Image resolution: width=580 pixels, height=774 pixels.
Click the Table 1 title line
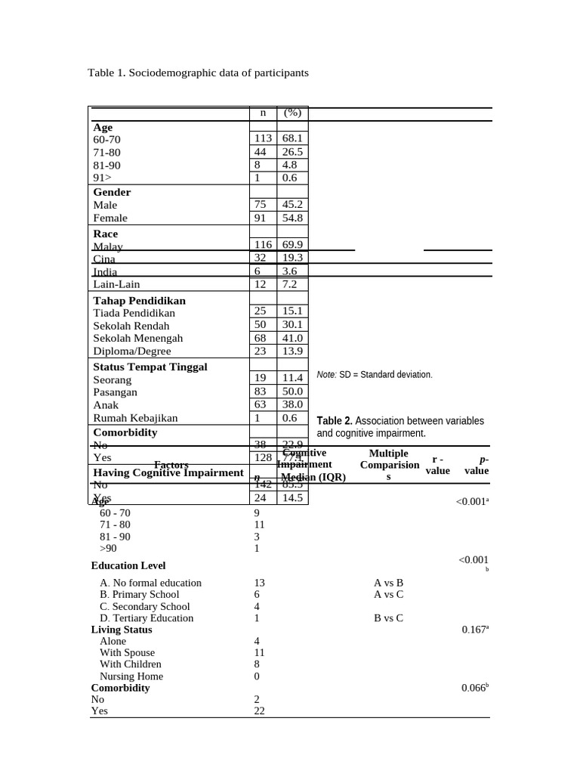(x=198, y=73)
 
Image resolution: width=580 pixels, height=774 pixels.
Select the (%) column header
(x=292, y=113)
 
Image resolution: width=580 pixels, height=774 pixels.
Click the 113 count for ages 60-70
(x=262, y=139)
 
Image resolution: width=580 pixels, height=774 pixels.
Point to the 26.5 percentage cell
(x=292, y=152)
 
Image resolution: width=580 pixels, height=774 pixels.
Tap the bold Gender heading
(x=112, y=192)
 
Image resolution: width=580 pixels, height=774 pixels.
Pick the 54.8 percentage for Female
(x=292, y=218)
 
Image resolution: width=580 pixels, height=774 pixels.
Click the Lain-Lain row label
(x=116, y=284)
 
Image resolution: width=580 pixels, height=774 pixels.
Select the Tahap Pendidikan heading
(x=139, y=300)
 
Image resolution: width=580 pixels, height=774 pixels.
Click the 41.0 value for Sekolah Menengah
(x=292, y=338)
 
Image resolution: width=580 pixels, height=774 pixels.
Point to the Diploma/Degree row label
(x=132, y=351)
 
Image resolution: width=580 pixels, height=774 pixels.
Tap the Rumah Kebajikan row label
(x=135, y=417)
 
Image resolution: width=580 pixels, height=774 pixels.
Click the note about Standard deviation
(x=375, y=374)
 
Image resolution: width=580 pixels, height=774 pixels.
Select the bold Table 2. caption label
(x=335, y=421)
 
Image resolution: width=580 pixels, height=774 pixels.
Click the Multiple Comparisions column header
(x=389, y=465)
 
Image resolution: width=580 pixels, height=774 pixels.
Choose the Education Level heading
(x=128, y=565)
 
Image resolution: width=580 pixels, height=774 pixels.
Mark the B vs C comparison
(x=388, y=618)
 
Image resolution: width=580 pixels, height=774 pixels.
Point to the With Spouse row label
(x=127, y=652)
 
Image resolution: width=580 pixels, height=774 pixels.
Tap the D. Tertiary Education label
(x=147, y=618)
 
